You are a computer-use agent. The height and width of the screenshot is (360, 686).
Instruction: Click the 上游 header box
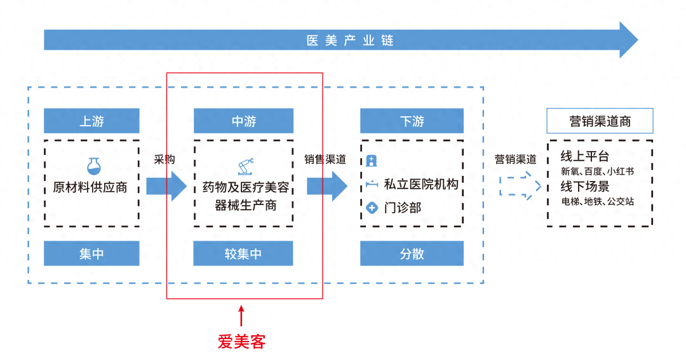[91, 121]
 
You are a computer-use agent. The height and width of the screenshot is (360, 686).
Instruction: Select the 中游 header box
[243, 121]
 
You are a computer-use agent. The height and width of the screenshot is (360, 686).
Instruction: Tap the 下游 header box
[412, 121]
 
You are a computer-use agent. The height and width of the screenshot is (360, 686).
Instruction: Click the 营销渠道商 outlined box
[600, 121]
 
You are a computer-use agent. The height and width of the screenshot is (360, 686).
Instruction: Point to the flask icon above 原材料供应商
[95, 166]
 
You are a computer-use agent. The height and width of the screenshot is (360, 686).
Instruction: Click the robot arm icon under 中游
[245, 166]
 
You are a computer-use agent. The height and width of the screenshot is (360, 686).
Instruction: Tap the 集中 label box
[91, 253]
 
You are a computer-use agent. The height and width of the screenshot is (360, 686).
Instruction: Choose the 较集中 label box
[243, 253]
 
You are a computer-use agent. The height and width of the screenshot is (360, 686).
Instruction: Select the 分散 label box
[412, 253]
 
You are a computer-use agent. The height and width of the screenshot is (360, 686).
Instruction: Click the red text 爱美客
[241, 342]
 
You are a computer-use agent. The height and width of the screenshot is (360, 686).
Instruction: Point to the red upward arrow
[241, 316]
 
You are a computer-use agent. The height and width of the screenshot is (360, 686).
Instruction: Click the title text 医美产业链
[350, 41]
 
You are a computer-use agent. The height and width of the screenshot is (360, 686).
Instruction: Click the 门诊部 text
[403, 208]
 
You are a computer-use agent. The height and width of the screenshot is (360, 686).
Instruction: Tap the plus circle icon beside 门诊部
[372, 208]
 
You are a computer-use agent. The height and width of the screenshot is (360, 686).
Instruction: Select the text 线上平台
[585, 156]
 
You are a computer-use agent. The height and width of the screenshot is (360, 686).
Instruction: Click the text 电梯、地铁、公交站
[598, 202]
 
